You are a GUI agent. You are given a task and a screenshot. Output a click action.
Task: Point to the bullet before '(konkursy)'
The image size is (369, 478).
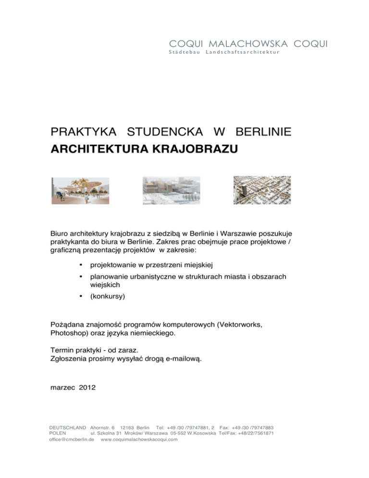point(82,297)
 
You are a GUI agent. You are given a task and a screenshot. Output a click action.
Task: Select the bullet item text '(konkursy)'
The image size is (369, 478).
point(107,297)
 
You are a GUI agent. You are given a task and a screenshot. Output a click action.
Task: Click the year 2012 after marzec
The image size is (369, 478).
point(87,387)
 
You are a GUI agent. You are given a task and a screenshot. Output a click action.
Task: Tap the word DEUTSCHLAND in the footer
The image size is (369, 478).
point(68,427)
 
